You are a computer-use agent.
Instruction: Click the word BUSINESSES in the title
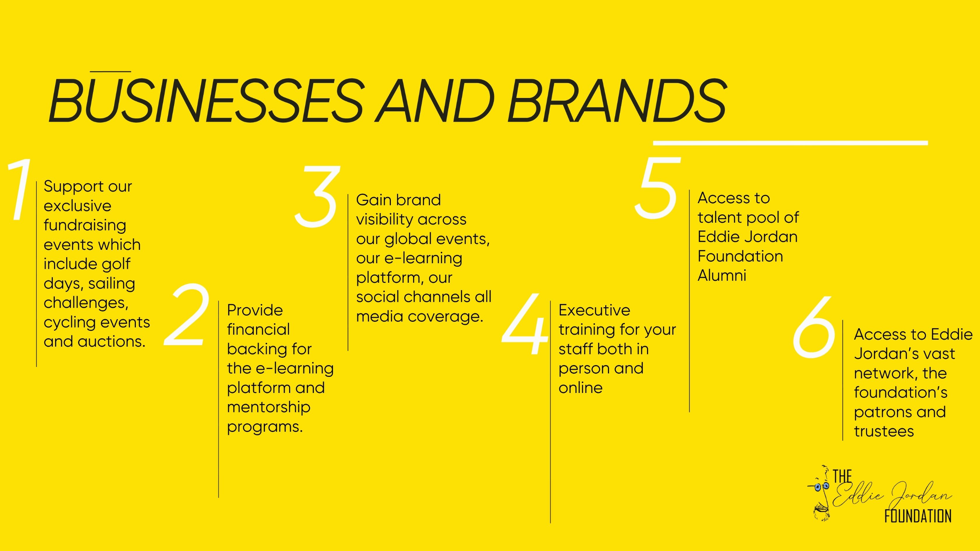pyautogui.click(x=207, y=100)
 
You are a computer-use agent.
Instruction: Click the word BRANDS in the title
pyautogui.click(x=617, y=100)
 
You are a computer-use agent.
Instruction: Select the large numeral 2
pyautogui.click(x=187, y=315)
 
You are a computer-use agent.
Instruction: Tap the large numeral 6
pyautogui.click(x=814, y=327)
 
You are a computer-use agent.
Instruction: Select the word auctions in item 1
pyautogui.click(x=111, y=341)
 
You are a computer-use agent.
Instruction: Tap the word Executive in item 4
pyautogui.click(x=594, y=310)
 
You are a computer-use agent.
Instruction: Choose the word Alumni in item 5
pyautogui.click(x=722, y=275)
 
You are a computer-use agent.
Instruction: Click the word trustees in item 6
pyautogui.click(x=884, y=432)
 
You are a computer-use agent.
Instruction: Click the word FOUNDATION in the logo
pyautogui.click(x=918, y=516)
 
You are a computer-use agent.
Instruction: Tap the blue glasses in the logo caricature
pyautogui.click(x=821, y=487)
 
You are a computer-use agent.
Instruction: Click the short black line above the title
pyautogui.click(x=110, y=72)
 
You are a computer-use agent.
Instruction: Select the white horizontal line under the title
pyautogui.click(x=790, y=143)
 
